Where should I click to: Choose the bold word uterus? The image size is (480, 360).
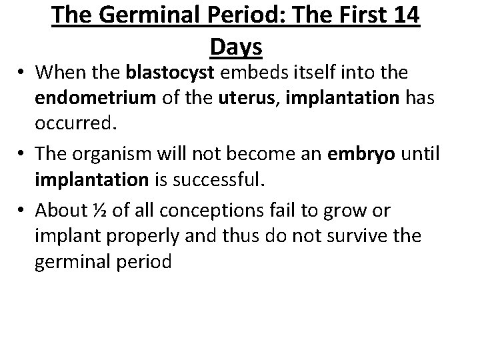pos(241,98)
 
